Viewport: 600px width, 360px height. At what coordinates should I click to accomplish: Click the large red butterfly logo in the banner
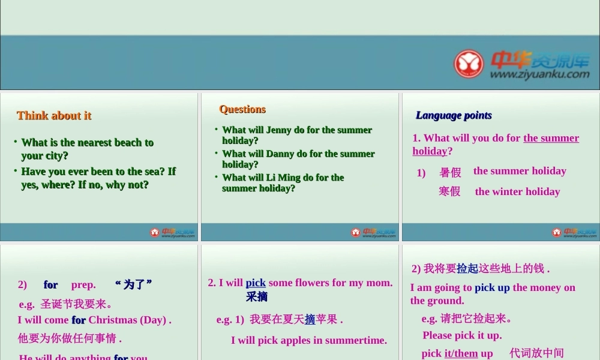(x=469, y=63)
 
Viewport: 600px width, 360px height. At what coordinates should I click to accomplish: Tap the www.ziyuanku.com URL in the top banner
(x=539, y=75)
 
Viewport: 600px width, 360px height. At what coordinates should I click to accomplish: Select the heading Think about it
(x=54, y=115)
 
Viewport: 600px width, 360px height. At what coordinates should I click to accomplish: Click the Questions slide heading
(x=242, y=109)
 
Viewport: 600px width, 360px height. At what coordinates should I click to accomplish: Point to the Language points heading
(x=454, y=115)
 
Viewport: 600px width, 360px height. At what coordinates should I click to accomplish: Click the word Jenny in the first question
(x=278, y=130)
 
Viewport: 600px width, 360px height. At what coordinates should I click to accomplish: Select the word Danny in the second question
(x=279, y=154)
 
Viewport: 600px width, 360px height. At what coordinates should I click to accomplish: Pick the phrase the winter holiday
(x=517, y=191)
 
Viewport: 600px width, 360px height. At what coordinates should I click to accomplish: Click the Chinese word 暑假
(x=450, y=173)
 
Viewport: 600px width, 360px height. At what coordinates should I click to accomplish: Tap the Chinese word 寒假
(x=449, y=191)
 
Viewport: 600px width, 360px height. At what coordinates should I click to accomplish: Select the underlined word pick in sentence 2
(x=256, y=283)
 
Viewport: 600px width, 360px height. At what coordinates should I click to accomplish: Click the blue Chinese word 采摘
(x=256, y=296)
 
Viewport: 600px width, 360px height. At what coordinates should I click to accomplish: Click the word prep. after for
(x=83, y=284)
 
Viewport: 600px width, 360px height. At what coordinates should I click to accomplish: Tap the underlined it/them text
(x=461, y=353)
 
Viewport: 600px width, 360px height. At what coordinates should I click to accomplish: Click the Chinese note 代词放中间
(x=536, y=353)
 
